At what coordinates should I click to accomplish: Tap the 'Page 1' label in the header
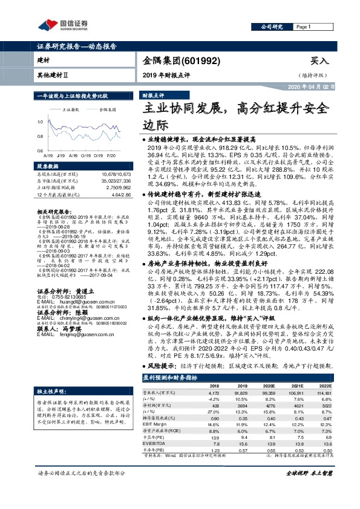[x=303, y=27]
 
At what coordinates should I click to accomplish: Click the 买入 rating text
[x=319, y=61]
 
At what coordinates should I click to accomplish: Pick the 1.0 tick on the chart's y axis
[x=41, y=121]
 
